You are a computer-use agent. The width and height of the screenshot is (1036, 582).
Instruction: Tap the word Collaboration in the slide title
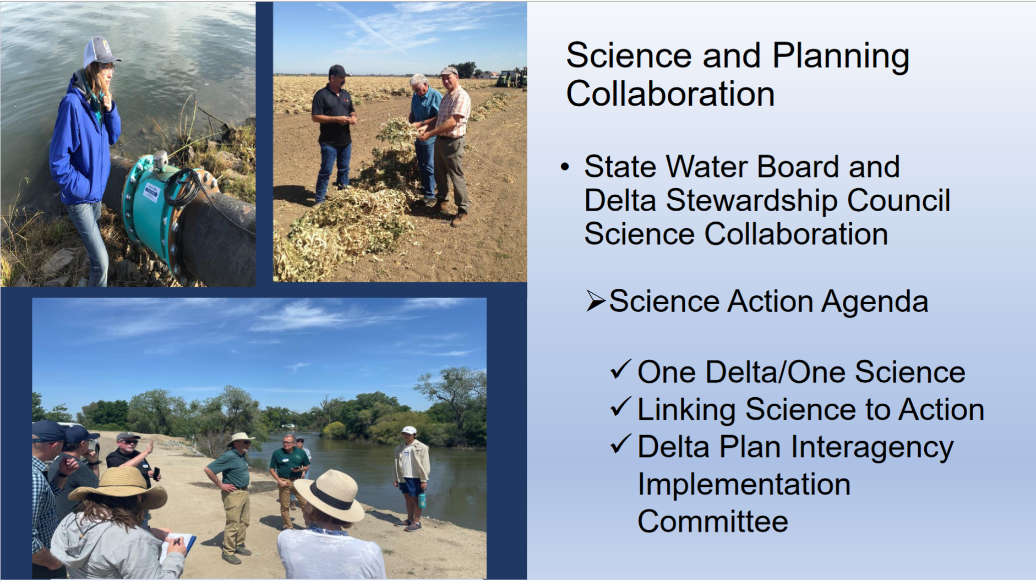point(670,94)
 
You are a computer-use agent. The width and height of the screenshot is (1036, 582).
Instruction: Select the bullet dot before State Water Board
point(565,167)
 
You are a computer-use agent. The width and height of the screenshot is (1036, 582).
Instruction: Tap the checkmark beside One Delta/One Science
point(620,370)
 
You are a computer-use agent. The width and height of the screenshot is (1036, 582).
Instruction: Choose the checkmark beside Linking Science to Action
point(620,407)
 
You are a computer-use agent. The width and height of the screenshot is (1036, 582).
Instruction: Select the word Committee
point(713,521)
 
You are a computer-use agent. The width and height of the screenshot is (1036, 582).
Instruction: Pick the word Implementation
point(744,485)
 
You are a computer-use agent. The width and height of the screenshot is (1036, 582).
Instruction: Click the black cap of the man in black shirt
point(339,70)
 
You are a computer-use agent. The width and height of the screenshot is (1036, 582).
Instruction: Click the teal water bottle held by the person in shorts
point(422,500)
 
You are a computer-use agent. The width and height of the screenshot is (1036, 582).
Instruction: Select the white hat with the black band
point(329,495)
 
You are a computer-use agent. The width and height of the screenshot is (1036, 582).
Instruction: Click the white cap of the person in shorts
point(408,430)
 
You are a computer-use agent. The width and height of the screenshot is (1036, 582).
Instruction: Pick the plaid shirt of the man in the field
point(455,112)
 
